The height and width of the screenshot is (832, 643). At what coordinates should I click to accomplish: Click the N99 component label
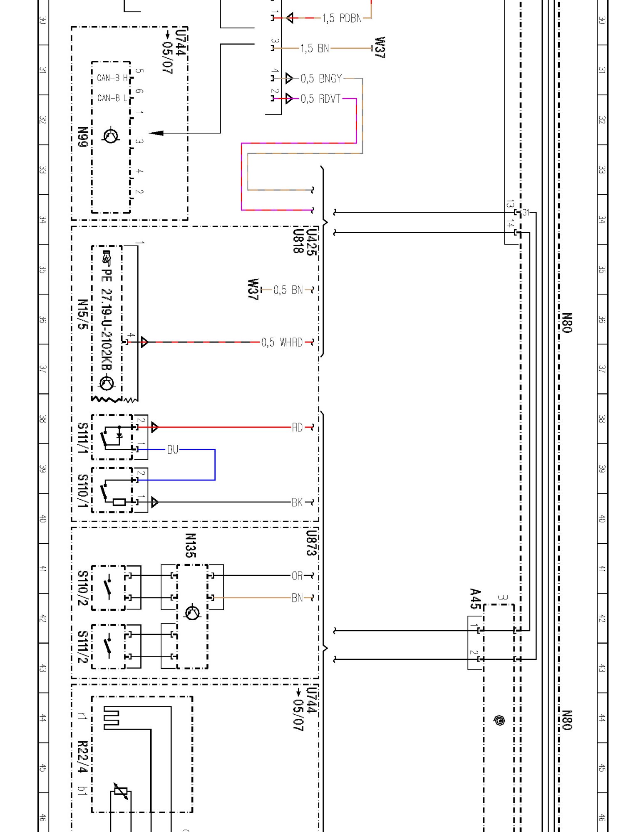tap(83, 137)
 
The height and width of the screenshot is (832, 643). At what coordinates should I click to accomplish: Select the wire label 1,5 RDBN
tap(342, 18)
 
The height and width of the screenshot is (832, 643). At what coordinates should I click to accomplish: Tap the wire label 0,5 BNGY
tap(321, 79)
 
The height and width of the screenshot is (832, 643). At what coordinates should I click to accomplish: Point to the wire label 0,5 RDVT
tap(320, 99)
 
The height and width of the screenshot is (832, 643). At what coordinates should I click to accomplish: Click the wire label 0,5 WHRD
tap(282, 342)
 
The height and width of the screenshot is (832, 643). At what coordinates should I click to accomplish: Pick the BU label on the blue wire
tap(173, 450)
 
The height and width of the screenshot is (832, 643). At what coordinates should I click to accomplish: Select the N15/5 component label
tap(83, 314)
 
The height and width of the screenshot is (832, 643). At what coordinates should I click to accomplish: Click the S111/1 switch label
tap(83, 438)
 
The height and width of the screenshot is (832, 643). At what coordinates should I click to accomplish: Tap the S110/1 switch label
tap(83, 491)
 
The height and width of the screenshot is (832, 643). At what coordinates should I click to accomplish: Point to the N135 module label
tap(190, 545)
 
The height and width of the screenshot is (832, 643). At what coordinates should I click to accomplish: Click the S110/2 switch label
tap(83, 588)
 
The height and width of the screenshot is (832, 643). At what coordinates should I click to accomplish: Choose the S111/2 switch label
tap(83, 647)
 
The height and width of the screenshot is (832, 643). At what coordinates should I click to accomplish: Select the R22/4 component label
tap(83, 757)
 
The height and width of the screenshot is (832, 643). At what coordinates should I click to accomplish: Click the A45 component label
tap(475, 599)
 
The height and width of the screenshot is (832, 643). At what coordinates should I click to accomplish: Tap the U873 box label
tap(311, 543)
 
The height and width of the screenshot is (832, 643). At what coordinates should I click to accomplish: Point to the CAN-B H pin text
tap(112, 78)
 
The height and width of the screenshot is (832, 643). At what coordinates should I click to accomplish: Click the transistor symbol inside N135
tap(192, 613)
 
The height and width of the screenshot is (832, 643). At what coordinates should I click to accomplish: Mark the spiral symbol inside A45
tap(499, 720)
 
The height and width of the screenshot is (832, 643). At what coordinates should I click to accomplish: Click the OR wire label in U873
tap(297, 576)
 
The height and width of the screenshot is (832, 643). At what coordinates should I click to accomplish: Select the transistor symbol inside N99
tap(111, 136)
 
